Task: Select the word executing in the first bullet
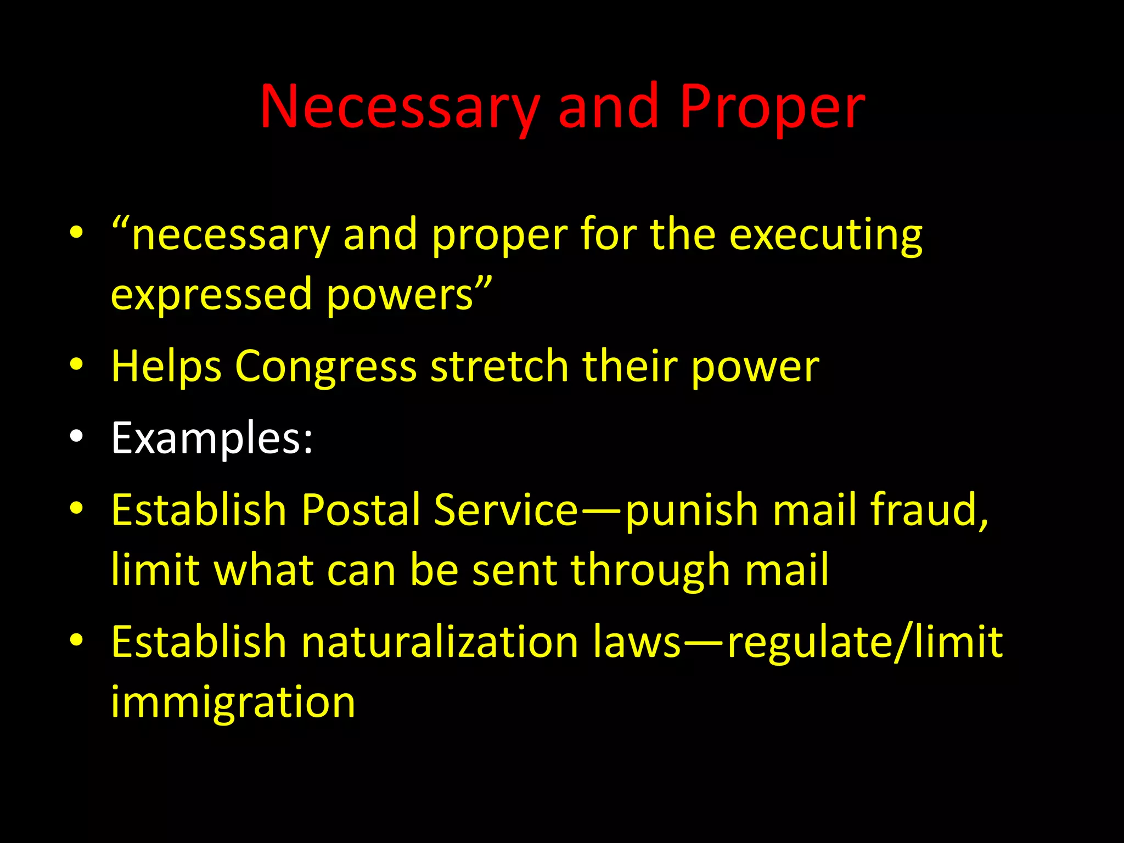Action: click(825, 235)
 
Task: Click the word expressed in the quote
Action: click(211, 295)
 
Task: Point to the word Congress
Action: click(325, 367)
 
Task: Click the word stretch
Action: click(499, 367)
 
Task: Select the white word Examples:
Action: click(212, 438)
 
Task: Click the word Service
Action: click(505, 509)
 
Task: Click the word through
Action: click(650, 571)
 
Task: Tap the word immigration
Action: click(233, 702)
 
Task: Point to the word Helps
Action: click(166, 367)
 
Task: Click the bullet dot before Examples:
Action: click(77, 437)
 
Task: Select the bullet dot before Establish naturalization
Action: click(77, 640)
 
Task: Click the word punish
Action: click(692, 509)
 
